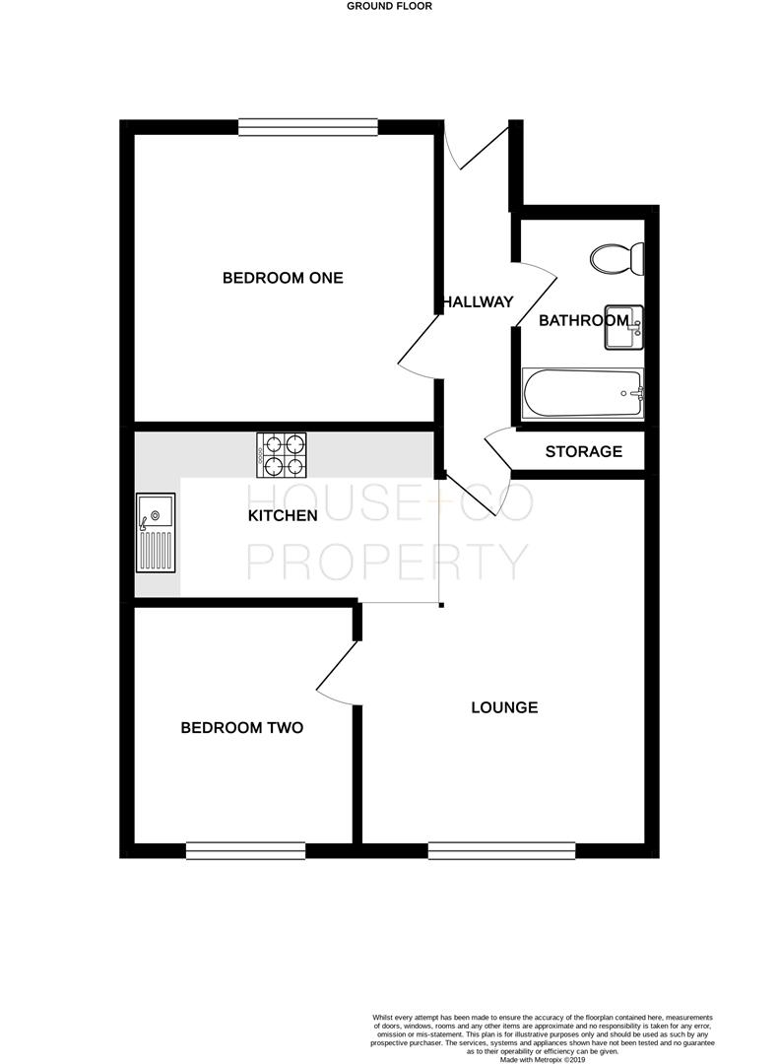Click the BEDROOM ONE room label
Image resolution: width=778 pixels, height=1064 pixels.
(x=283, y=278)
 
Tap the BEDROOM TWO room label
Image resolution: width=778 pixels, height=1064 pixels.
(x=241, y=728)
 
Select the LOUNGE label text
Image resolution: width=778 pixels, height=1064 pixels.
(x=504, y=707)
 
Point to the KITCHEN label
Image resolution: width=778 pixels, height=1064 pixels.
(x=283, y=515)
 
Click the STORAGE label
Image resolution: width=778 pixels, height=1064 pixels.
(x=584, y=452)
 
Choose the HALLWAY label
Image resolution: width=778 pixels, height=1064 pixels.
(x=478, y=301)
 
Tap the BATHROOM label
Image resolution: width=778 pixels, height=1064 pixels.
(x=583, y=320)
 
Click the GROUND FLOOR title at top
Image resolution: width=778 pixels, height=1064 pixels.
(x=389, y=6)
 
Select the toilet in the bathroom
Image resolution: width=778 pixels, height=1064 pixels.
(x=617, y=260)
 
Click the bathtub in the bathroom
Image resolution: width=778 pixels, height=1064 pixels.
(x=582, y=394)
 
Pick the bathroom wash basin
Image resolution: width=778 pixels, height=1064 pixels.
(x=623, y=327)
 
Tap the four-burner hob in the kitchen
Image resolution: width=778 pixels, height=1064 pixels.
(x=281, y=456)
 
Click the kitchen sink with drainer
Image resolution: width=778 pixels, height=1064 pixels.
(x=156, y=533)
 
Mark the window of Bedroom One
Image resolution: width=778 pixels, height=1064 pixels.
(x=308, y=125)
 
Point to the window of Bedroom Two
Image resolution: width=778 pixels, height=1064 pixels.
(x=245, y=849)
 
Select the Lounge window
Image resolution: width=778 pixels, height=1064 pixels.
(x=501, y=849)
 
